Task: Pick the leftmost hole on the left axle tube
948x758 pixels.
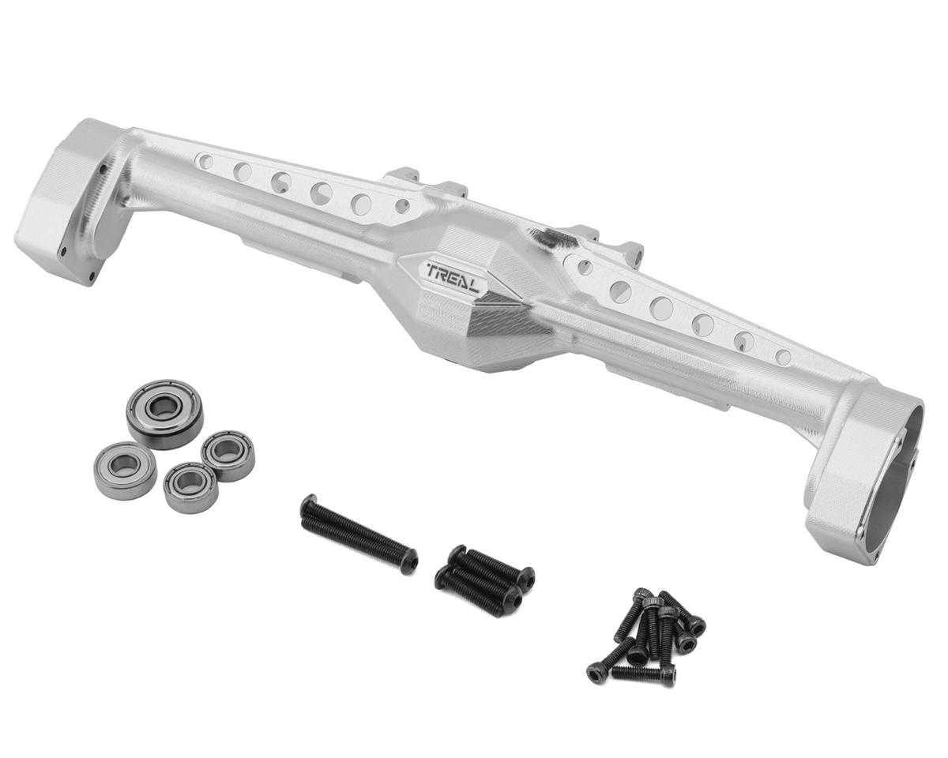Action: coord(205,161)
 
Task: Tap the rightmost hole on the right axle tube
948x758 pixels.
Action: coord(783,356)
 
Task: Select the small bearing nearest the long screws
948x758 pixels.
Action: coord(190,488)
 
